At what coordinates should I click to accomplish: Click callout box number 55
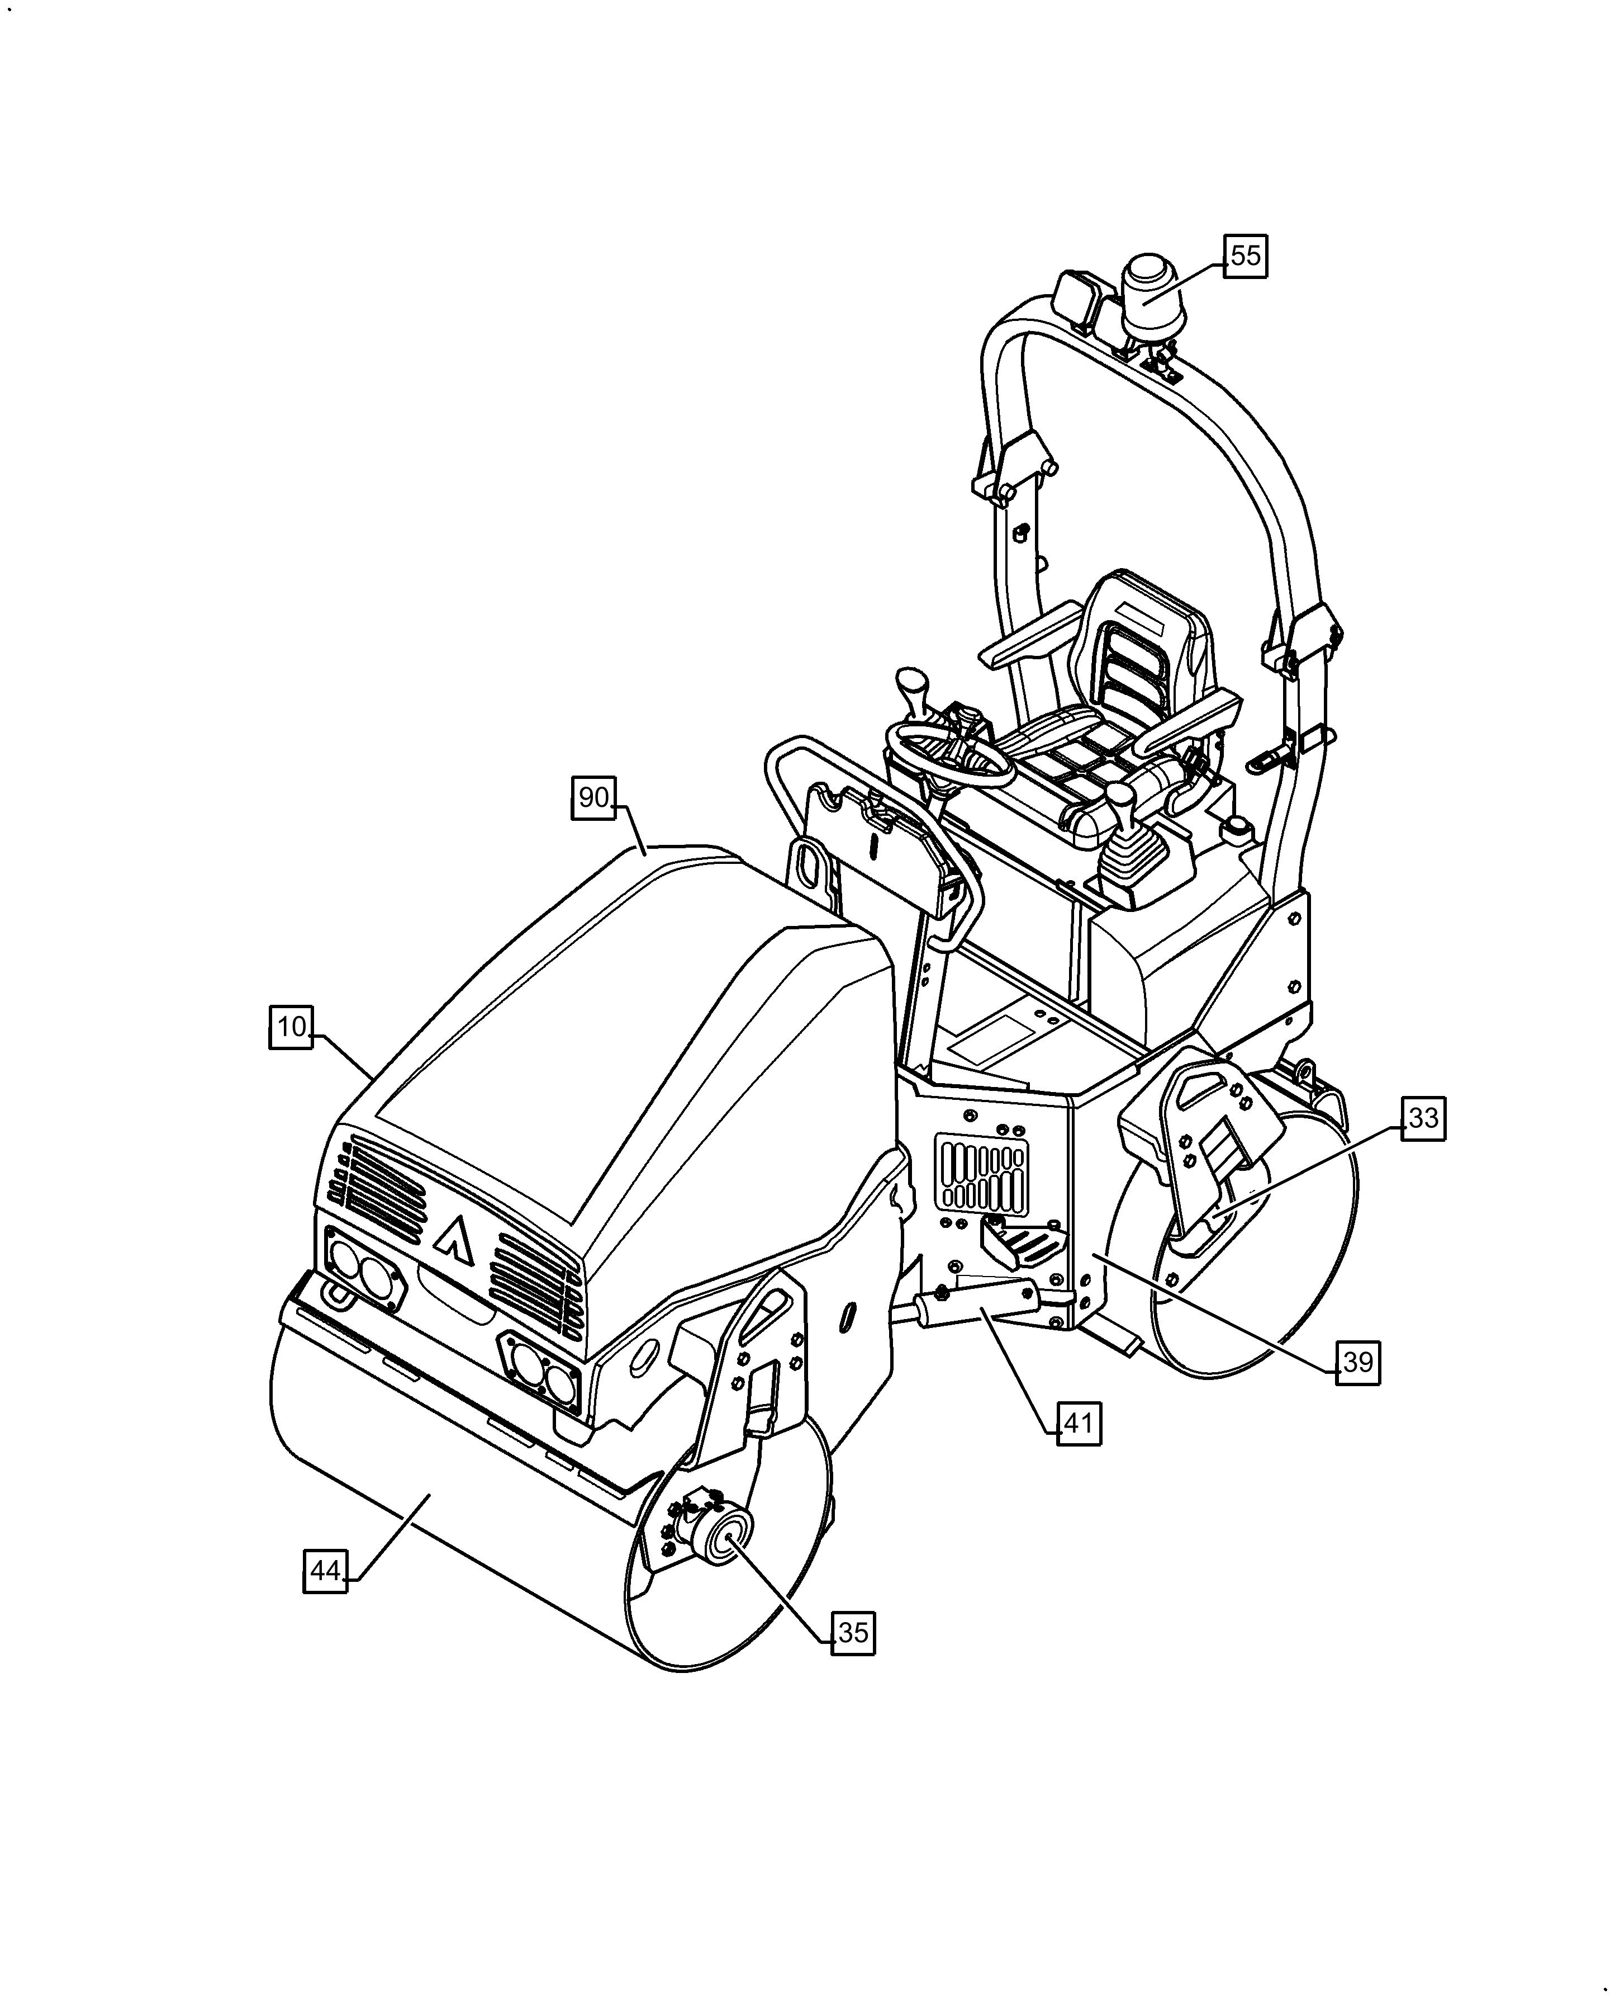coord(1244,255)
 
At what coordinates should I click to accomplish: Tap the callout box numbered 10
coord(291,1027)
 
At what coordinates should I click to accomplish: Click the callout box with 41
coord(1078,1423)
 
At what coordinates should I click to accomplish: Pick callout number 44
coord(326,1571)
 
